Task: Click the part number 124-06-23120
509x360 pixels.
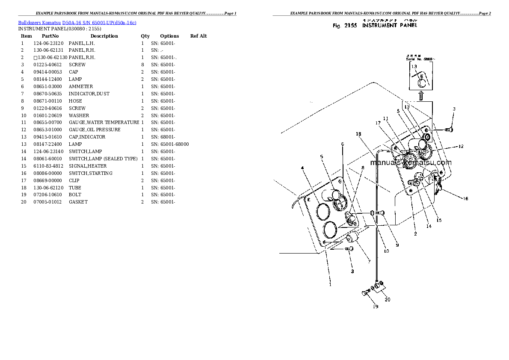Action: point(48,43)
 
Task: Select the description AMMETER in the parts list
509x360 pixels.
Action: point(81,86)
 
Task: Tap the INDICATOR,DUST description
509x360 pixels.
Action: point(89,94)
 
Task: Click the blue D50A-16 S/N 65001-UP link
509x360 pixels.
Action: point(99,22)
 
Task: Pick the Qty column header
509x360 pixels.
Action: point(145,36)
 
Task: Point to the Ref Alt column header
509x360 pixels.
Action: point(198,36)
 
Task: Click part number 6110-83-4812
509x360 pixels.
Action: point(48,166)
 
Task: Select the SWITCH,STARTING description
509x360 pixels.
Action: point(91,173)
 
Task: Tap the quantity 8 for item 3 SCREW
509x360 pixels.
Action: point(142,65)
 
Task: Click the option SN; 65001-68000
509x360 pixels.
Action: point(170,144)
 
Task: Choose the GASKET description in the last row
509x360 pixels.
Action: point(78,202)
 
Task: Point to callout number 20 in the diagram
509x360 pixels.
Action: point(388,299)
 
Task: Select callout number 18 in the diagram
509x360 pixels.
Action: point(358,134)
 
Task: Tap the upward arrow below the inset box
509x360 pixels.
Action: point(420,96)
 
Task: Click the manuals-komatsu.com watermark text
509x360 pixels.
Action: point(411,162)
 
